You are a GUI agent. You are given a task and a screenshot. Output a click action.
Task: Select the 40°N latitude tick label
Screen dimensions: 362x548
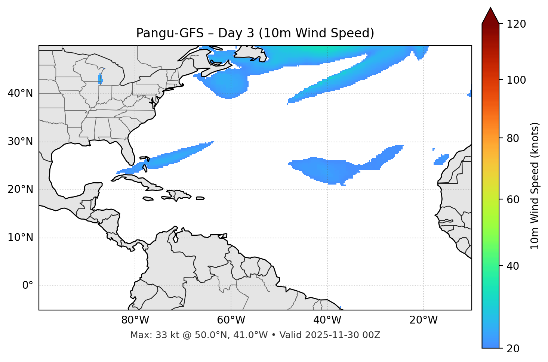coord(20,93)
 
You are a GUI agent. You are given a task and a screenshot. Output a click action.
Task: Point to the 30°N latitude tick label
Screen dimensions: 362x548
coord(20,142)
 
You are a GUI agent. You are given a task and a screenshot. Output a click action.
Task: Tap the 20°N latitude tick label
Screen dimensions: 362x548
coord(20,189)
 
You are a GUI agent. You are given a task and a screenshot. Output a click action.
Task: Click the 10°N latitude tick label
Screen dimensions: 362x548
coord(20,238)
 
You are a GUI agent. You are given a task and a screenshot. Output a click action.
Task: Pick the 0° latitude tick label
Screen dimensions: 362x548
coord(28,286)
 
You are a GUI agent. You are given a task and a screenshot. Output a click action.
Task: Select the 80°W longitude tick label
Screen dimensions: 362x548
coord(135,320)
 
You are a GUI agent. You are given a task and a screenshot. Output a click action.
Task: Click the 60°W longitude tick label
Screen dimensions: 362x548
coord(231,320)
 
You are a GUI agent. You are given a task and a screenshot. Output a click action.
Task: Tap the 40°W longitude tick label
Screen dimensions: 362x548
coord(327,320)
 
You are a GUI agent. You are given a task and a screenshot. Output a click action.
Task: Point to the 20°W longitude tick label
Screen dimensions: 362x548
coord(423,320)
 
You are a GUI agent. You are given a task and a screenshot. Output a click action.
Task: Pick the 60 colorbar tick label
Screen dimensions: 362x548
coord(513,199)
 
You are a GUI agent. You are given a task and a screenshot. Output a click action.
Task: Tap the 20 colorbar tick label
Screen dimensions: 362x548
coord(513,349)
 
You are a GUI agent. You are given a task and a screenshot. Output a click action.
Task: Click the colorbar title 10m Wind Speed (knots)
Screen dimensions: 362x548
coord(535,186)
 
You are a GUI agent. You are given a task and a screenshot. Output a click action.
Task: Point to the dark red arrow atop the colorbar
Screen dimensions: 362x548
coord(490,16)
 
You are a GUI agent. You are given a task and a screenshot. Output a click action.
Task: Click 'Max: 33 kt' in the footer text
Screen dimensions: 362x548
coord(149,335)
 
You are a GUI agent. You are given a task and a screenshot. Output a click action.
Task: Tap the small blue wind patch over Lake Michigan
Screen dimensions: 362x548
coord(100,79)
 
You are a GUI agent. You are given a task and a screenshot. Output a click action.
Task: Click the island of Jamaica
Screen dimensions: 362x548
coord(148,199)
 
